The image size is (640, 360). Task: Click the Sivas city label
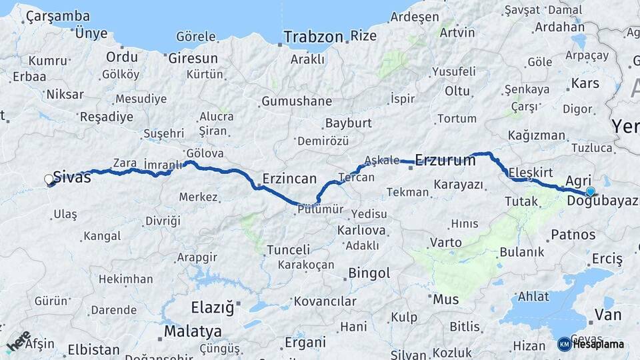72,177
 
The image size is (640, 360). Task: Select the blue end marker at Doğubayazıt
590,192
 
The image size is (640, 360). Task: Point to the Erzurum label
445,160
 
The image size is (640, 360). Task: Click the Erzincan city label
289,179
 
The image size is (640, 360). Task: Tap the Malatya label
193,331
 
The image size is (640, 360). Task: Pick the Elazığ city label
213,308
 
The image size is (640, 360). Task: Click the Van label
607,314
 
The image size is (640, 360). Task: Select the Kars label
585,84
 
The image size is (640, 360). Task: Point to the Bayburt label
347,123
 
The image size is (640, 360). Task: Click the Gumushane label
296,101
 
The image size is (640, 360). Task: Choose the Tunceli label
288,250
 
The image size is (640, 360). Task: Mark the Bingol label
369,273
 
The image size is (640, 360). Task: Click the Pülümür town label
321,209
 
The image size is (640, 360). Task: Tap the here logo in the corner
18,341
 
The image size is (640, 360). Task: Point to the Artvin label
457,32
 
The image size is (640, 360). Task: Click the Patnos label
573,235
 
